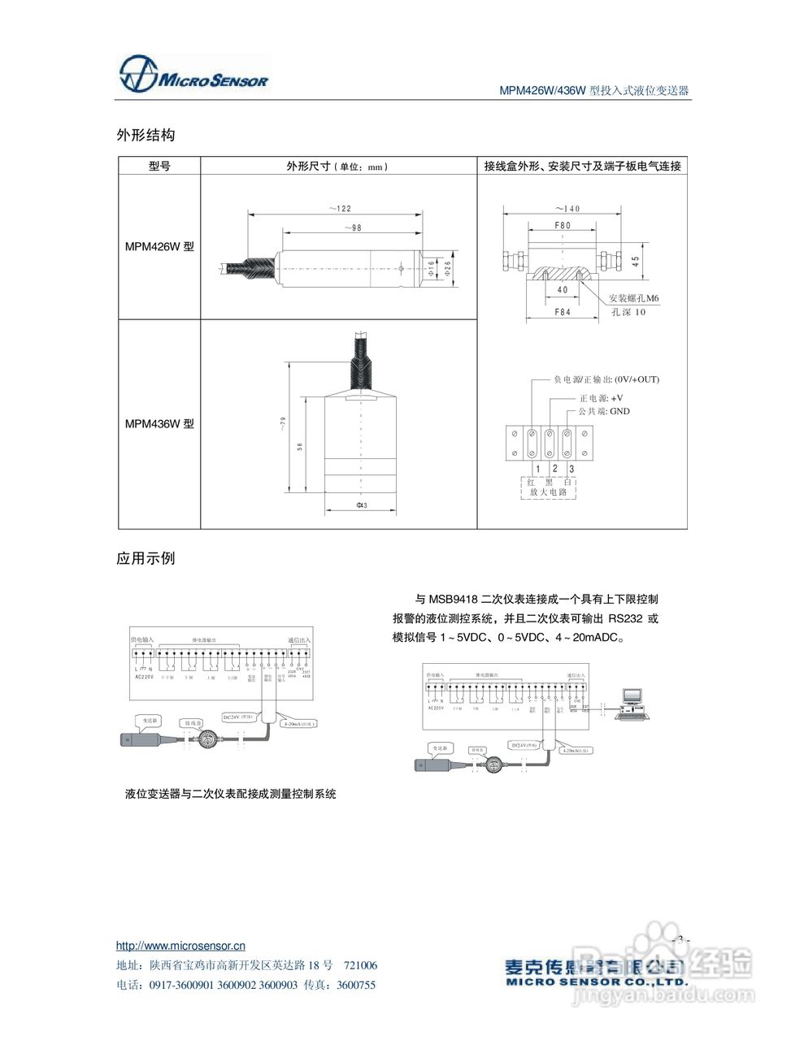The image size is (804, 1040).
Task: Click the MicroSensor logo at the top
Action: point(193,76)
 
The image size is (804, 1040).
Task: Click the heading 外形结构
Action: point(146,135)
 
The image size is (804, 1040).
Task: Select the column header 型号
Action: point(159,167)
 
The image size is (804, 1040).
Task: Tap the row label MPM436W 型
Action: point(159,424)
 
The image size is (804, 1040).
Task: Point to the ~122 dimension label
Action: point(340,209)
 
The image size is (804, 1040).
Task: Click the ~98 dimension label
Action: point(352,228)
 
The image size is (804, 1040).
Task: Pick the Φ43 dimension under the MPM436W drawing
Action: point(362,505)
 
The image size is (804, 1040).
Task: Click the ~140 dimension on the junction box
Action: point(567,209)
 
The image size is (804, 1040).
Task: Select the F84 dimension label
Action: point(563,312)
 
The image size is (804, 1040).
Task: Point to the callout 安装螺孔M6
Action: point(634,298)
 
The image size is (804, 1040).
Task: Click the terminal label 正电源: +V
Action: point(601,398)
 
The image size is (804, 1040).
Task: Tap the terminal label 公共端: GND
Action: point(603,411)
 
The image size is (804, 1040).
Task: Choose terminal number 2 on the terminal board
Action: point(554,468)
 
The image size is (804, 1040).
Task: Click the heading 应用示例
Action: point(146,559)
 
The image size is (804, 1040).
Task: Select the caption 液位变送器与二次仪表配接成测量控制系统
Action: point(231,794)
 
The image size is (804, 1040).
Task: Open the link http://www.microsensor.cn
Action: point(180,946)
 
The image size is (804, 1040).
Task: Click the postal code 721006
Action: point(360,965)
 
